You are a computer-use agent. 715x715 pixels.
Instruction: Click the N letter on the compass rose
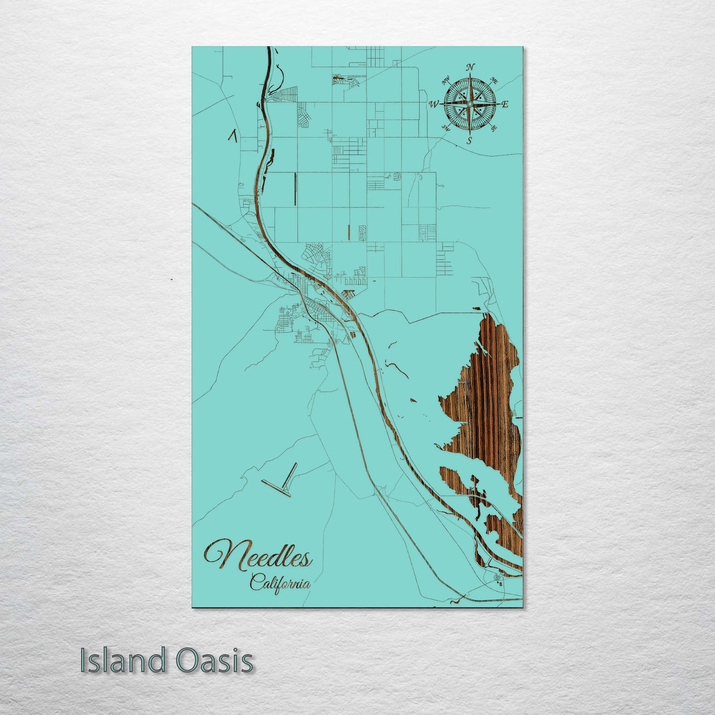coord(471,67)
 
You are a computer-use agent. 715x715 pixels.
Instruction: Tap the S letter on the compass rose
coord(469,141)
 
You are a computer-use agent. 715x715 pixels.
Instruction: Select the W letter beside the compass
coord(433,104)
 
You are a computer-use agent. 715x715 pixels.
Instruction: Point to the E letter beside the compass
coord(505,104)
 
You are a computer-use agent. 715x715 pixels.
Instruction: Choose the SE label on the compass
coord(493,128)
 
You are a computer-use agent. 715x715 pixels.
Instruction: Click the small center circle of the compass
coord(469,104)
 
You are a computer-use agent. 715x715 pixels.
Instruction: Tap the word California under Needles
coord(280,582)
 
